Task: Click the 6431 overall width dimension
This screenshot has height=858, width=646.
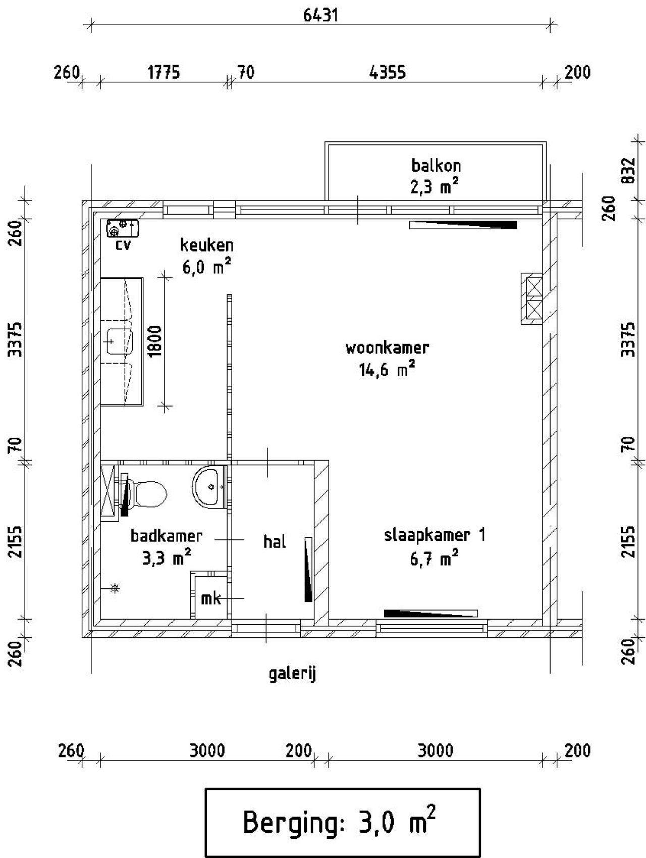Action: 320,15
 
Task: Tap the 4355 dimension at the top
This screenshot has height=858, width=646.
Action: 387,73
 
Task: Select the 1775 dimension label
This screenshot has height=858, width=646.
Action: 164,73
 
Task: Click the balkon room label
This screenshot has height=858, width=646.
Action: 436,166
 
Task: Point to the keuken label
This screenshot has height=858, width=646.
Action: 207,245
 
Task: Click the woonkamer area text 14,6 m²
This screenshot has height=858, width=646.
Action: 387,370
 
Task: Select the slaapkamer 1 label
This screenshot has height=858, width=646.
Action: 435,535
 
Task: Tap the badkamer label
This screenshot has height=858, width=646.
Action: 167,536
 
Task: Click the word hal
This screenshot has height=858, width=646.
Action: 275,542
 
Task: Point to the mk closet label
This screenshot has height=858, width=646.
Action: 210,598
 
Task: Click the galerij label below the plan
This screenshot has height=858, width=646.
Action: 292,674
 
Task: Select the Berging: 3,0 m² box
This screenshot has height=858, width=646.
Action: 342,822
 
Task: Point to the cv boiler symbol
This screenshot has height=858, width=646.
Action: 122,228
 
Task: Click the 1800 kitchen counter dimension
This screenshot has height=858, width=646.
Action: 155,341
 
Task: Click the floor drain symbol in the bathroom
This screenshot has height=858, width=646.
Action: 116,588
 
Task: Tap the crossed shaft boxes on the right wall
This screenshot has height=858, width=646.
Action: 533,298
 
